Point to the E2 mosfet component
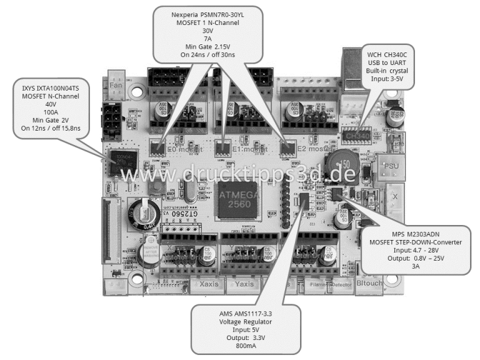[287, 147]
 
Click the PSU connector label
[392, 151]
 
